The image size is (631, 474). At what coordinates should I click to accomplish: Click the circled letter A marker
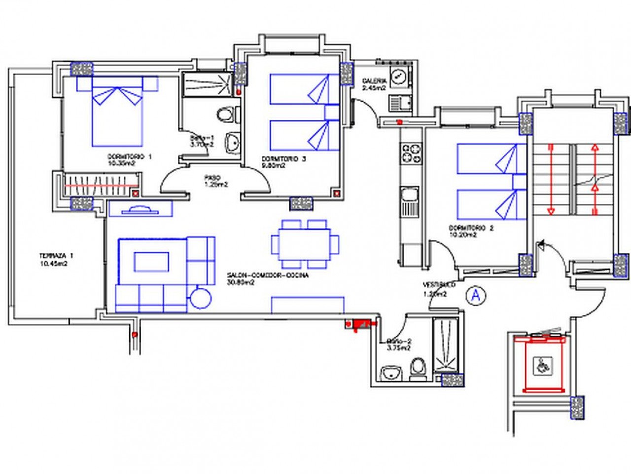476,295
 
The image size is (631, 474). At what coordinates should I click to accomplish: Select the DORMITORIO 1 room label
130,159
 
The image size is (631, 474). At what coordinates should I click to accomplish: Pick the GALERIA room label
373,84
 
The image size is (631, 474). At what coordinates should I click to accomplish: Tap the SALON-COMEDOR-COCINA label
268,279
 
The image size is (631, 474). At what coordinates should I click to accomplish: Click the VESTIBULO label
438,289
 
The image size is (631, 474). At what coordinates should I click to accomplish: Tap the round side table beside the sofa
201,298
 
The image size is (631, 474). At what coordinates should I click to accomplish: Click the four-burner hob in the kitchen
412,153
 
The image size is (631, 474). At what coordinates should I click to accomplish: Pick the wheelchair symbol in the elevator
543,366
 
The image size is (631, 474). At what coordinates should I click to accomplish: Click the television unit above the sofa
140,209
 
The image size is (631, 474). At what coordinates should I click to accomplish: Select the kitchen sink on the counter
409,200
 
